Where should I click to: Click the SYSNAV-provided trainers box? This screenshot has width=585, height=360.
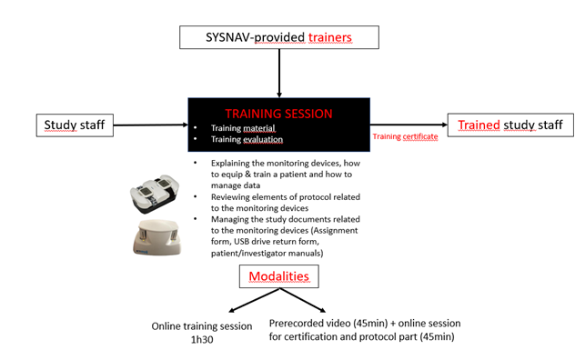pos(278,37)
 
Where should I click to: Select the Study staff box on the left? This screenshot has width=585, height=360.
pos(73,125)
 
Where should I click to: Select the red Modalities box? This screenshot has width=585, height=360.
pos(277,275)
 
